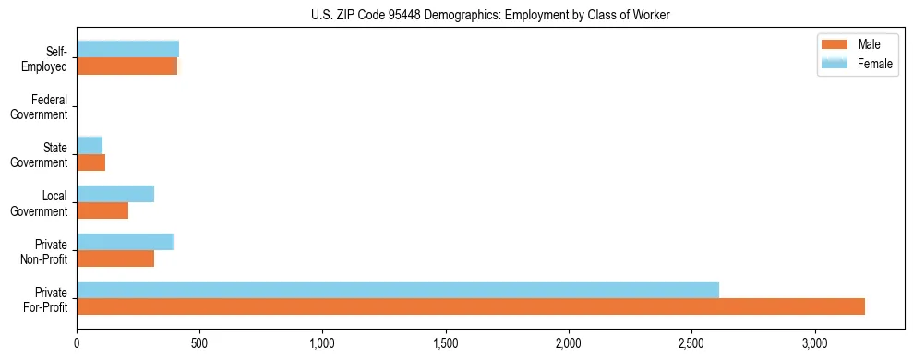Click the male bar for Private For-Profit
[x=471, y=306]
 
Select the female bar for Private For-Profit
[x=398, y=290]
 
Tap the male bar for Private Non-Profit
[x=115, y=258]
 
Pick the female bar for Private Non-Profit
[x=126, y=242]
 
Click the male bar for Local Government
[x=102, y=210]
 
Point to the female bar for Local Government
[x=115, y=194]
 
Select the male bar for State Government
[x=90, y=162]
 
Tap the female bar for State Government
[x=90, y=145]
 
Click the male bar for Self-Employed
[x=126, y=66]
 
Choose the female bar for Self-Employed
[x=127, y=49]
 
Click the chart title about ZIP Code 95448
[x=489, y=15]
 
